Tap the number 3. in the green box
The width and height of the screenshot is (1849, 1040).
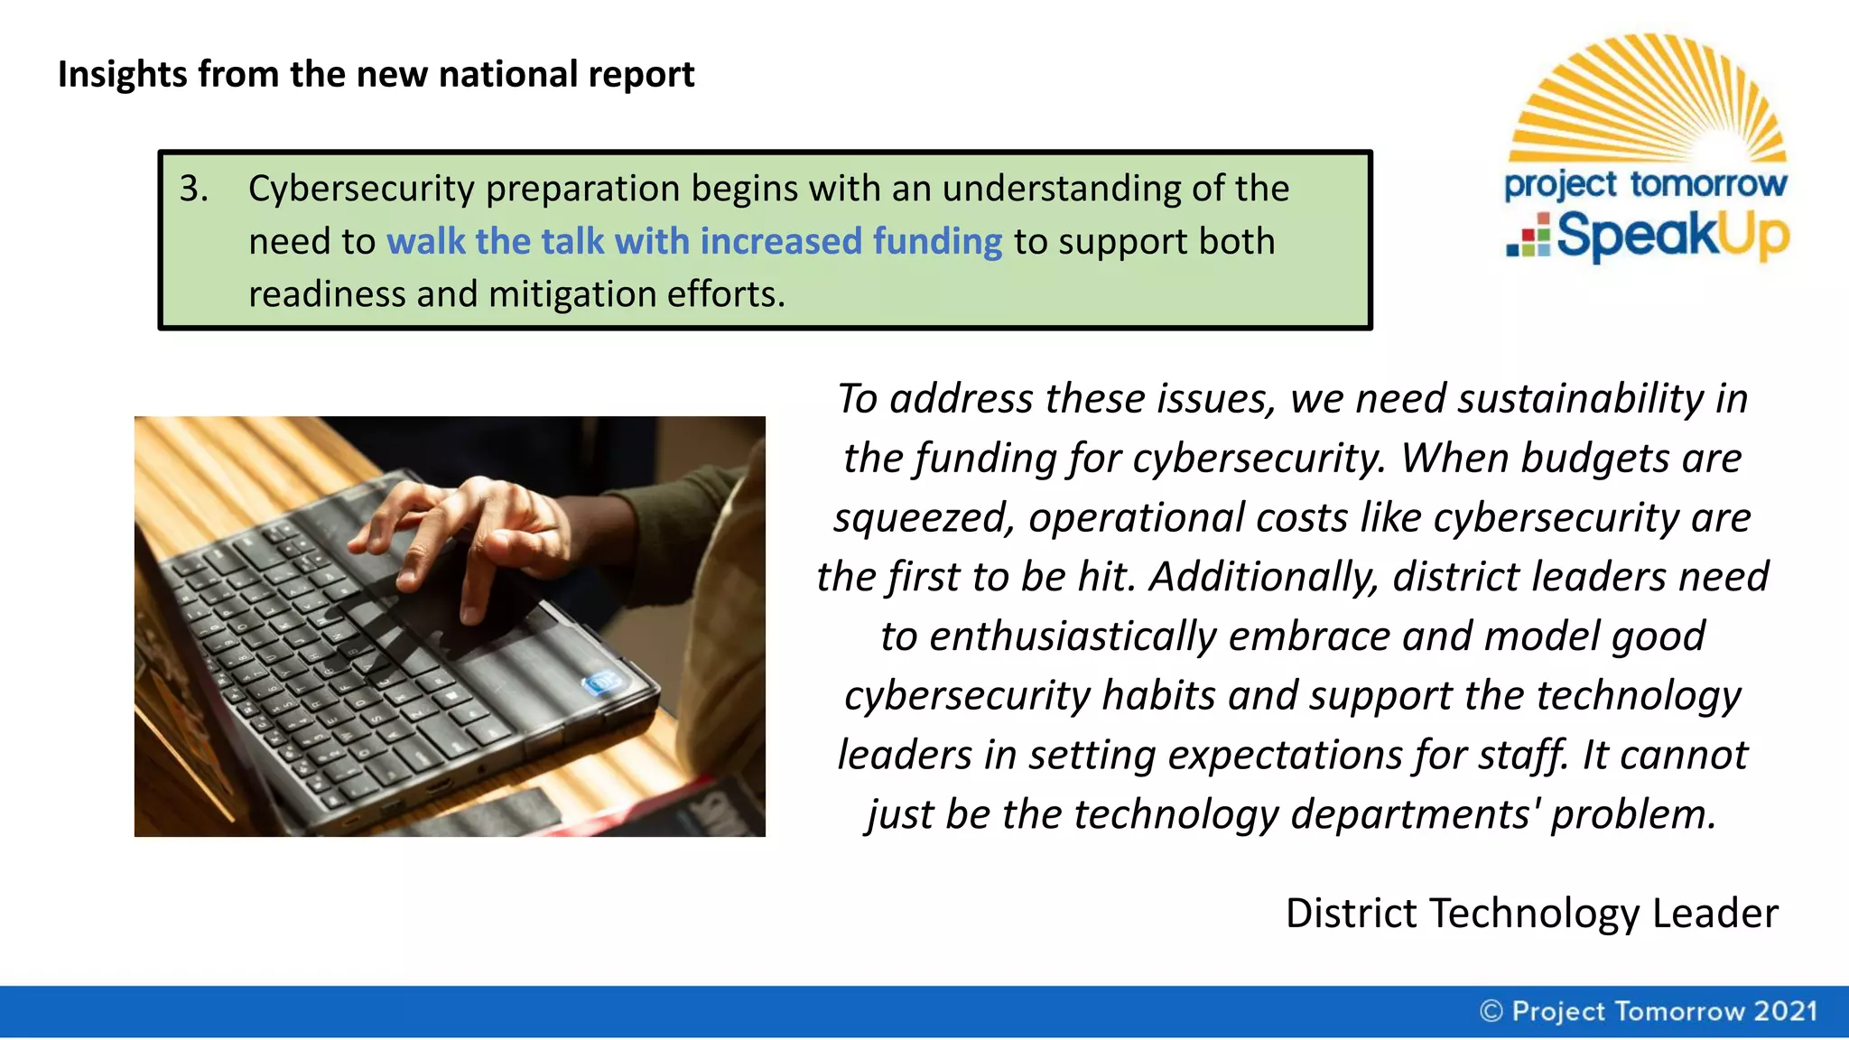pos(193,189)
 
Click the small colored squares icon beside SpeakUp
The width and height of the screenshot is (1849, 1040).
pos(1528,237)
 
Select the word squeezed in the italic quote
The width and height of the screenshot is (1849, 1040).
pos(924,518)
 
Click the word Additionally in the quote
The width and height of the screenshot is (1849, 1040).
pos(1264,577)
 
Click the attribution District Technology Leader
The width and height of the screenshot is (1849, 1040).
pos(1531,914)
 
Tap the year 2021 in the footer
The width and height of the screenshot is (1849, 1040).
pos(1785,1011)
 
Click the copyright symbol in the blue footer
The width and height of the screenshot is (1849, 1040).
pos(1491,1011)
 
